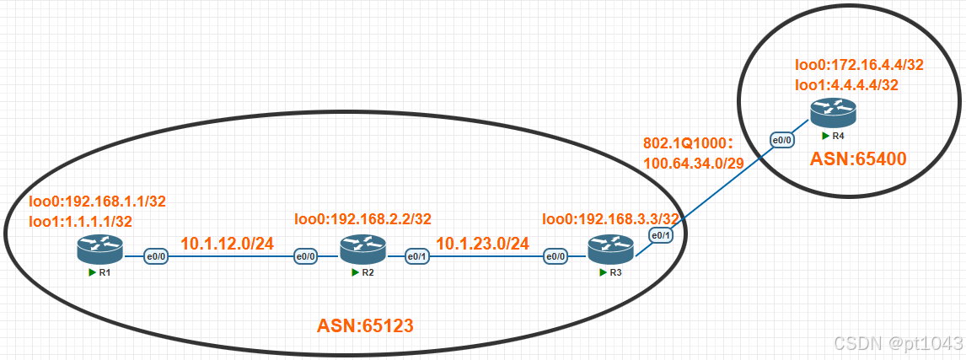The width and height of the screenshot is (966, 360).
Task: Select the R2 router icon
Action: click(362, 249)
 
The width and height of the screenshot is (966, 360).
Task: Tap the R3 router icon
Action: click(609, 249)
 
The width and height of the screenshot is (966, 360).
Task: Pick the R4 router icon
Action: click(834, 111)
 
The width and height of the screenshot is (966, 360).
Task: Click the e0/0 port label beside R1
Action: click(155, 255)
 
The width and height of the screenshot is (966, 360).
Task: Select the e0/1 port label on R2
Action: click(416, 255)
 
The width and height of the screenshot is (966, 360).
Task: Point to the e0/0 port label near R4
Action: click(781, 140)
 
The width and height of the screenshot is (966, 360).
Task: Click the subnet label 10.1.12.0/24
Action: click(228, 244)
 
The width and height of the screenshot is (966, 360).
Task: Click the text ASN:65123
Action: click(365, 325)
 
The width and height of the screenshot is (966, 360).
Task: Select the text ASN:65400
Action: click(857, 158)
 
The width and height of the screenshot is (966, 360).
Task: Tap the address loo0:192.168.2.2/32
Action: click(362, 219)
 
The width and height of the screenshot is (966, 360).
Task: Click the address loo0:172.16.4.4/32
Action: click(859, 64)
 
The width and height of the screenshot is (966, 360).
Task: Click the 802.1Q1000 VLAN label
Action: click(690, 142)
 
